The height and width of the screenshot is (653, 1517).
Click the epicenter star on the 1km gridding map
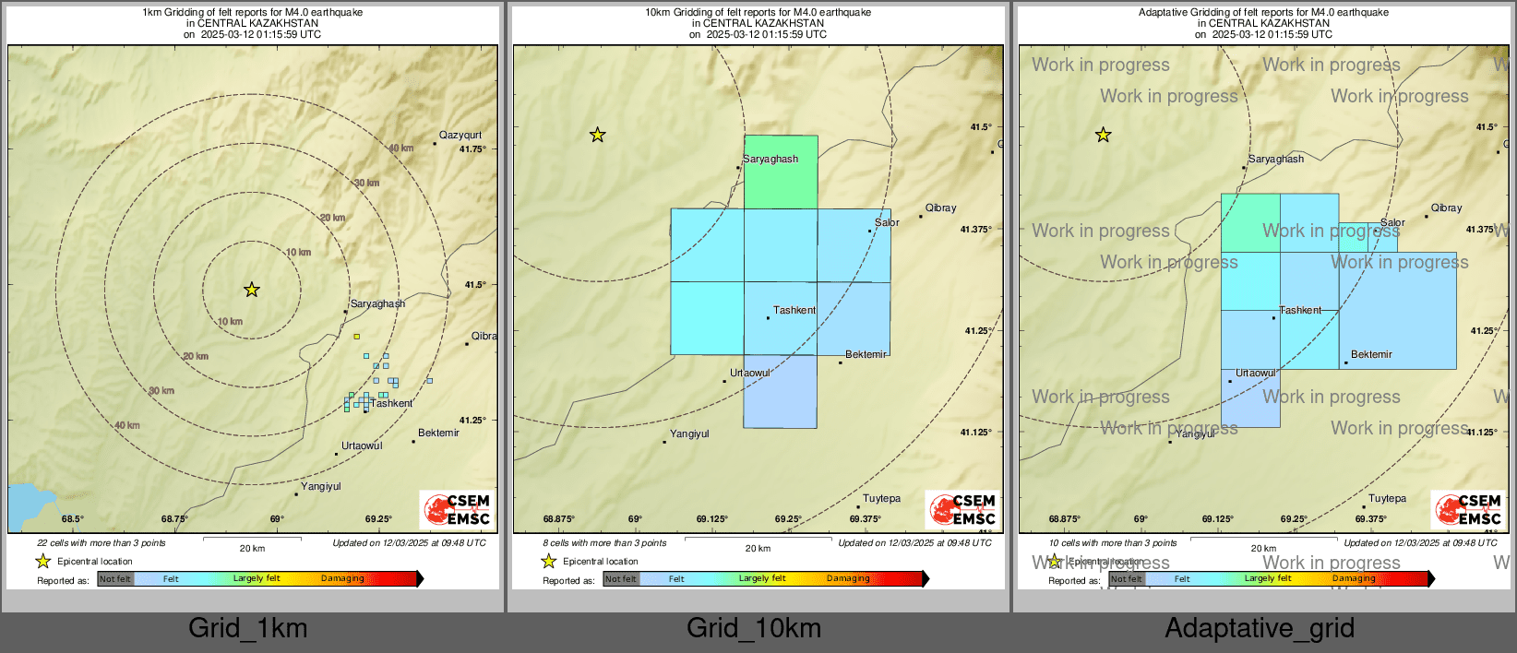click(252, 290)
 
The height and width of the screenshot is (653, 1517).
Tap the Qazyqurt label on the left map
click(460, 136)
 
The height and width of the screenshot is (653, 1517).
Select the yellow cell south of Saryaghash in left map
click(356, 336)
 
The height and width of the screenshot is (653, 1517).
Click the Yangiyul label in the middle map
click(689, 434)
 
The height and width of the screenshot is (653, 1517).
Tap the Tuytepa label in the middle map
click(881, 499)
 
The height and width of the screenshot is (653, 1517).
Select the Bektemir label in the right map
click(1371, 355)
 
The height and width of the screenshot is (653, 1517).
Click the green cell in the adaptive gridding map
click(1250, 222)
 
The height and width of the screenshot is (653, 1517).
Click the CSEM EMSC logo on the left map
click(457, 510)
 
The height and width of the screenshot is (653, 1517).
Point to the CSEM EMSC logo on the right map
click(1468, 510)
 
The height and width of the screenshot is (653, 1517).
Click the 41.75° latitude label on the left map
click(472, 149)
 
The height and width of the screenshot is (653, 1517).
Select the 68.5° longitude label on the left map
click(72, 519)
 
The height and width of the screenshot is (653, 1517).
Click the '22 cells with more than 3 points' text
click(102, 543)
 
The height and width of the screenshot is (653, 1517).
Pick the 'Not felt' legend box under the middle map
click(621, 579)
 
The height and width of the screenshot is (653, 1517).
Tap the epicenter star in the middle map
click(598, 135)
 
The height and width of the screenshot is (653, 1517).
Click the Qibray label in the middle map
click(940, 208)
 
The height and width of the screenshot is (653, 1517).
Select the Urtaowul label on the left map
click(362, 446)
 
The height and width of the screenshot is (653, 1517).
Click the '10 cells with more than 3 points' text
click(1113, 543)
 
